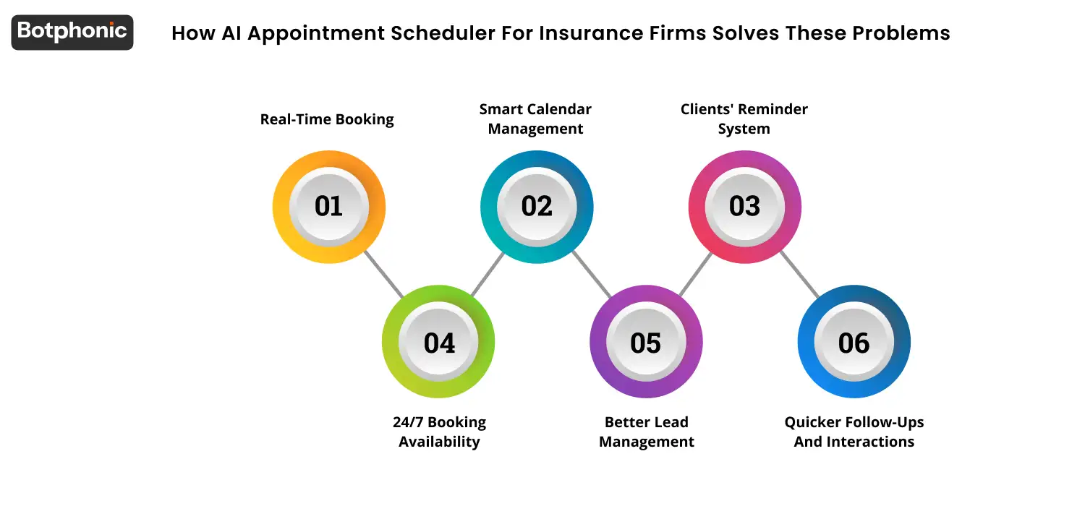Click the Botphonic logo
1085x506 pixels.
[x=72, y=32]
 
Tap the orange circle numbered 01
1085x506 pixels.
[x=328, y=207]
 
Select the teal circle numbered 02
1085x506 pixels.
[x=537, y=207]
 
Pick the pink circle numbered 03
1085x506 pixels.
[x=744, y=207]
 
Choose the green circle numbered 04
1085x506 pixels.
[x=438, y=342]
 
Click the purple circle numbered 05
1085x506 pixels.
[x=646, y=342]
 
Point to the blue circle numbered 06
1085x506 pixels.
[x=854, y=342]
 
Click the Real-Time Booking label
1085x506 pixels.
[x=327, y=119]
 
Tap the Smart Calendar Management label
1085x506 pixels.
[x=535, y=119]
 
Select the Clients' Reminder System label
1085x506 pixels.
[x=744, y=119]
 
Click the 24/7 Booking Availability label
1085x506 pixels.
[x=439, y=432]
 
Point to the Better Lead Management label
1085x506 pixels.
[x=647, y=432]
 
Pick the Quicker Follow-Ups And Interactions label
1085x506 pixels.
[x=854, y=432]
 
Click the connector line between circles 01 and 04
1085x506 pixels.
[x=383, y=274]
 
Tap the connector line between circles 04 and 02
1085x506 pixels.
[x=488, y=274]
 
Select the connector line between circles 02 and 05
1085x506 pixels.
[x=592, y=274]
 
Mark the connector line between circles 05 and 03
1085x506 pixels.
[x=695, y=274]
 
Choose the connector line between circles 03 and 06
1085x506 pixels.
[x=799, y=274]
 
